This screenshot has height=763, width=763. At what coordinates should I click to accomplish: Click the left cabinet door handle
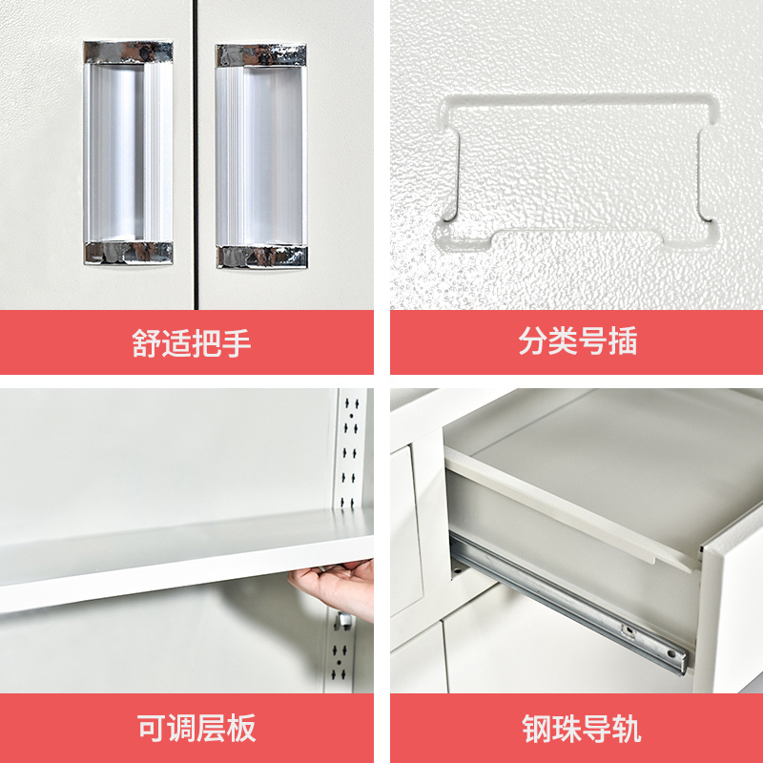(x=128, y=153)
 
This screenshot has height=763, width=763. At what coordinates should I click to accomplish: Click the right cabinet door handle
(x=261, y=156)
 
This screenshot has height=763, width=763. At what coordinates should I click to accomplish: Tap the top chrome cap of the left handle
(x=128, y=52)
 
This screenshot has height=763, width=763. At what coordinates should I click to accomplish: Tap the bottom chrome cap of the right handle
(x=261, y=257)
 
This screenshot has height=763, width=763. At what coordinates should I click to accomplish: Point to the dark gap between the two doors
(x=196, y=155)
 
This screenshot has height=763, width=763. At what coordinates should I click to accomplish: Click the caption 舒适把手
(x=192, y=343)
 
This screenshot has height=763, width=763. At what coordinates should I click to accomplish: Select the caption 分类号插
(x=578, y=340)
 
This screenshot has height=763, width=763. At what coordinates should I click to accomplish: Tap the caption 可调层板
(x=196, y=728)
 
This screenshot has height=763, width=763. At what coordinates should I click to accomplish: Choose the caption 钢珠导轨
(x=582, y=729)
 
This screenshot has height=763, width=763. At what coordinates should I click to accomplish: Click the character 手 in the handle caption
(x=237, y=343)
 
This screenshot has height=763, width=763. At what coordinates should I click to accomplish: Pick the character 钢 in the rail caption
(x=537, y=729)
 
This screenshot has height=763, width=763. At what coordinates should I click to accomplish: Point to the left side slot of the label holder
(x=451, y=174)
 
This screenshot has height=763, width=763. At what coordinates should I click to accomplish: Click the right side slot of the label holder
(x=707, y=174)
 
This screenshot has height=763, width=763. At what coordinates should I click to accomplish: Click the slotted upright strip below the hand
(x=340, y=652)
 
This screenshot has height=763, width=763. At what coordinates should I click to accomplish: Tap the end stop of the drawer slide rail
(x=675, y=658)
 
